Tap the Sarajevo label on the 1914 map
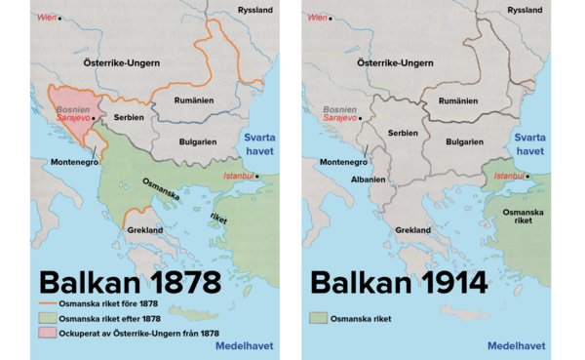point(339,118)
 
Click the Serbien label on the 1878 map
point(128,117)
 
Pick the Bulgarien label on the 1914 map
point(466,140)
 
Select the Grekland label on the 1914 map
point(413,230)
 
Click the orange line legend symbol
point(46,305)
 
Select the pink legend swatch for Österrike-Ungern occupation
point(46,334)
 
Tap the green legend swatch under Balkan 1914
point(316,317)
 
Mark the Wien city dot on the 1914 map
point(330,18)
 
